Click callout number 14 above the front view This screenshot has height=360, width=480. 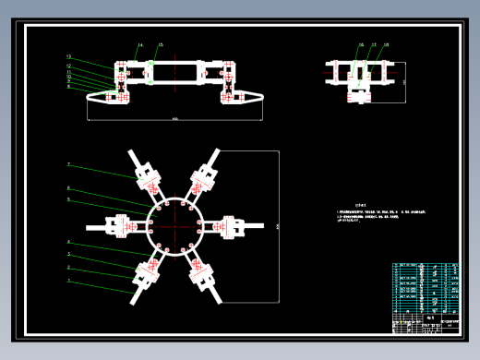(x=141, y=44)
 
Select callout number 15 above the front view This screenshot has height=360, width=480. (x=160, y=44)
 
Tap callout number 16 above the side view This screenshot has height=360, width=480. (x=361, y=44)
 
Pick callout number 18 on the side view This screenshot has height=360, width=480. (x=386, y=44)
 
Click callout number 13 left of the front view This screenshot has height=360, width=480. (x=69, y=57)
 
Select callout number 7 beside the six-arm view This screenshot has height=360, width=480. (x=69, y=164)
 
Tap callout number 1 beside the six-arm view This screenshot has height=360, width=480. (x=69, y=278)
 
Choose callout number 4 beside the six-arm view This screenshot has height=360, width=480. (x=69, y=242)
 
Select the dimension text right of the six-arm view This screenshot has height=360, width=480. (x=277, y=224)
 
